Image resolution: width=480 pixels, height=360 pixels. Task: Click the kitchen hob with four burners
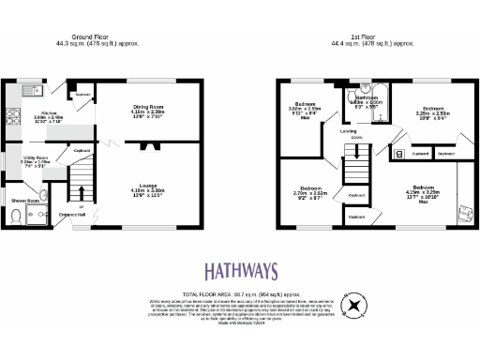pos(12,119)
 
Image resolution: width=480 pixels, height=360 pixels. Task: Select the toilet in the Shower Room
pos(16,217)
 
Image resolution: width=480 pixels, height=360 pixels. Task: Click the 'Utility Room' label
pos(34,157)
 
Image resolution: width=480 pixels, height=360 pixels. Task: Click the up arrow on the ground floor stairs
pos(82,207)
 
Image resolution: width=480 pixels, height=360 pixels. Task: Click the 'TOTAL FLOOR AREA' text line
pos(239,293)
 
